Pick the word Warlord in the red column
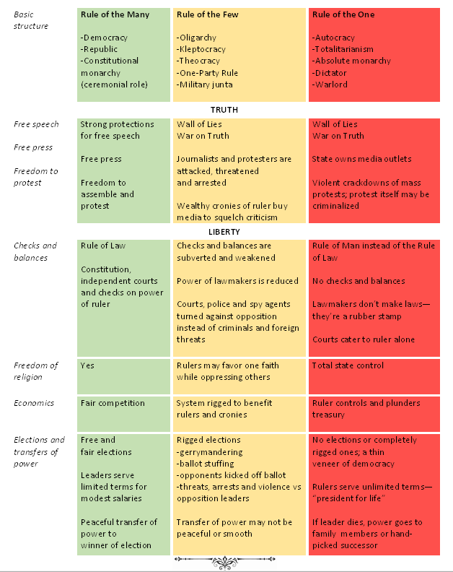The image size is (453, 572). pyautogui.click(x=330, y=84)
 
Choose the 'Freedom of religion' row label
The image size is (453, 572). pyautogui.click(x=36, y=370)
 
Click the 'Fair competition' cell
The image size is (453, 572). pyautogui.click(x=113, y=403)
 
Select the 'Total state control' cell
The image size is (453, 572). pyautogui.click(x=348, y=365)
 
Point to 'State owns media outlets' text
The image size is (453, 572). pyautogui.click(x=362, y=159)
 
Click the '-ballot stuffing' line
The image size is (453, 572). pyautogui.click(x=208, y=464)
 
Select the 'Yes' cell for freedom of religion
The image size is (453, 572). pyautogui.click(x=87, y=365)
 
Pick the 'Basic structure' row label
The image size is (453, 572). pyautogui.click(x=32, y=20)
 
